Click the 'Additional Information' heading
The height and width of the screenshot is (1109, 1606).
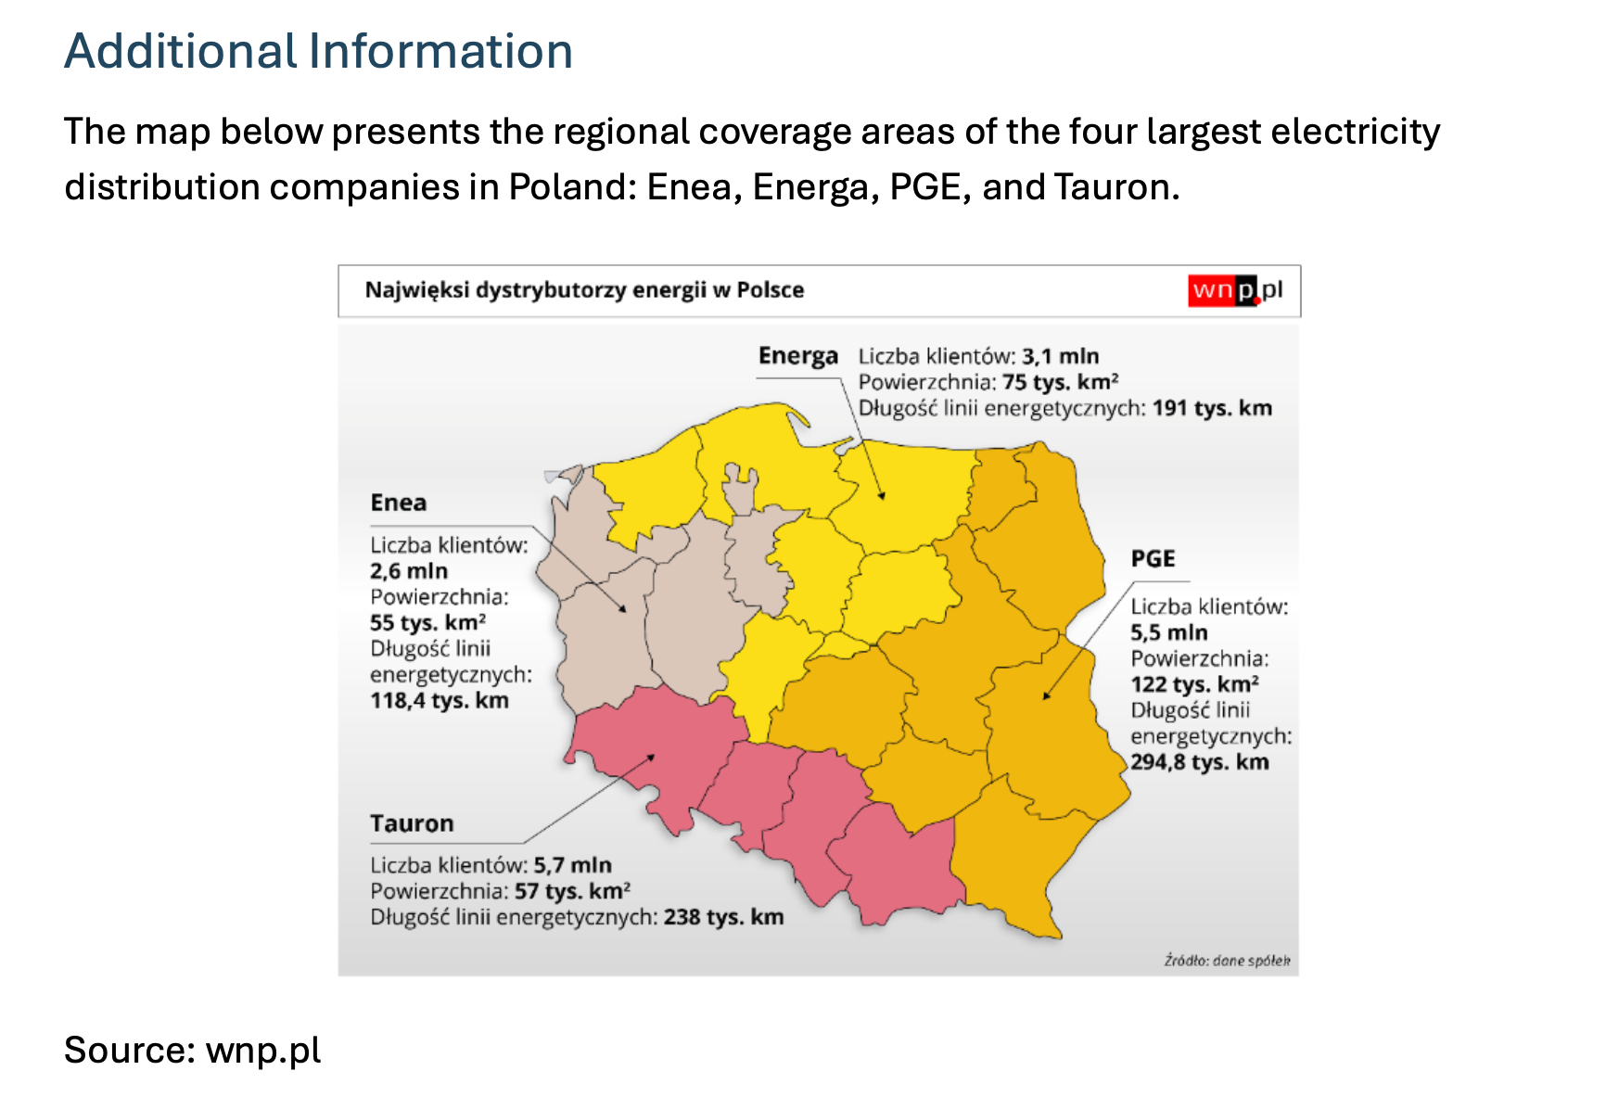318,51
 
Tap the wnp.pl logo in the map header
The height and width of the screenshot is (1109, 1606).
1236,290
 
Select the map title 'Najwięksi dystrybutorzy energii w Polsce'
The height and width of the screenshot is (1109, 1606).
584,290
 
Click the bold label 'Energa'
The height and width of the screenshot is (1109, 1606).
797,356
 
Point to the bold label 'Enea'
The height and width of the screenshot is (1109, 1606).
399,503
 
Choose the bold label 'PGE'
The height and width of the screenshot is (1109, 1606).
1153,558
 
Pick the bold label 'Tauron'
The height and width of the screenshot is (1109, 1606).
412,823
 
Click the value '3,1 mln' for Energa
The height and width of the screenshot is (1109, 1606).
1061,356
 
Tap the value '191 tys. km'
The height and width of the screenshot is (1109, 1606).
1212,408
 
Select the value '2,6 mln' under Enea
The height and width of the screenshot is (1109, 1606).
409,571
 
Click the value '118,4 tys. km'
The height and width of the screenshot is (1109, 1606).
440,700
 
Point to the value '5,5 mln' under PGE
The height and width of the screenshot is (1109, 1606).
1169,632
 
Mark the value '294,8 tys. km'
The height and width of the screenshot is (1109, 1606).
1200,762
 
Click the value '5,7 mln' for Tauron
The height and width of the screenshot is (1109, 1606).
572,865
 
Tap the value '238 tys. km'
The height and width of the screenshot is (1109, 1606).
724,917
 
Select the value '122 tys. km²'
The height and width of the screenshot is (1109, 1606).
1195,684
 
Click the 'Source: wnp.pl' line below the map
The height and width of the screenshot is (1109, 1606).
193,1051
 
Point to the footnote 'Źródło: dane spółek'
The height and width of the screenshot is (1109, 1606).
1227,961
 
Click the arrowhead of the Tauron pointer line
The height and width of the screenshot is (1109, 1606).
652,758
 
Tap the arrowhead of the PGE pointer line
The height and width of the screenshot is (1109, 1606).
1047,695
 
